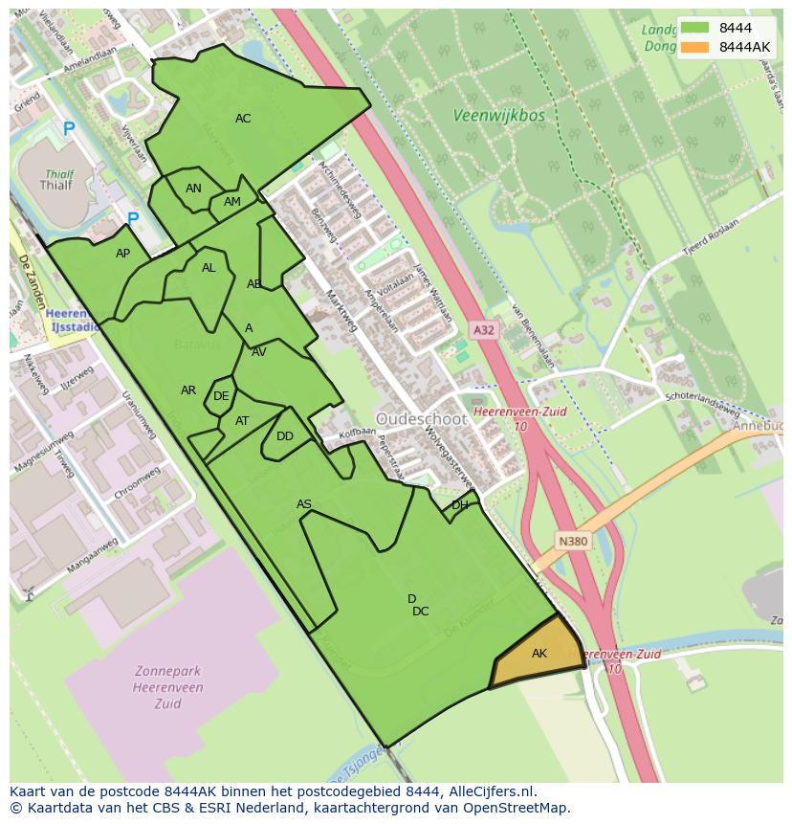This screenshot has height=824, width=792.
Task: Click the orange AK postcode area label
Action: pos(539,654)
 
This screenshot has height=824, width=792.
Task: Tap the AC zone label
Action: pos(243,119)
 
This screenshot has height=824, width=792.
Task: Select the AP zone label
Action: pos(122,254)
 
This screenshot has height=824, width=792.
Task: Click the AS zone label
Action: pos(304,504)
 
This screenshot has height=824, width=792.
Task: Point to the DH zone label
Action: pos(460,505)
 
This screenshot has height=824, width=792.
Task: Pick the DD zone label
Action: pos(285,436)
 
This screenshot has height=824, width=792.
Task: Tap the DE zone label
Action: pos(221,396)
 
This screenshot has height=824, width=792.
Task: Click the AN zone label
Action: pos(193,189)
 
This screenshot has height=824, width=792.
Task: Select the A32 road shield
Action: pos(484,330)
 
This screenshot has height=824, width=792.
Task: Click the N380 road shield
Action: pos(573,542)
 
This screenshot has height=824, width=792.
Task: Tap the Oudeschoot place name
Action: pos(422,419)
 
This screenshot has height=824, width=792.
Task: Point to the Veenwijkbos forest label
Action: pos(498,116)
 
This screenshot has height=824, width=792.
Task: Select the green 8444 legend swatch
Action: pos(695,29)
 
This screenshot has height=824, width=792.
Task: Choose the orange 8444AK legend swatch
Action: pos(695,48)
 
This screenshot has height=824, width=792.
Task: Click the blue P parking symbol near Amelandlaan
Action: pos(68,128)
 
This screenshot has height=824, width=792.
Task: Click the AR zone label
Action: pos(188,390)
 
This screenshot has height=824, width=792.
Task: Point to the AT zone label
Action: pos(242,421)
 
